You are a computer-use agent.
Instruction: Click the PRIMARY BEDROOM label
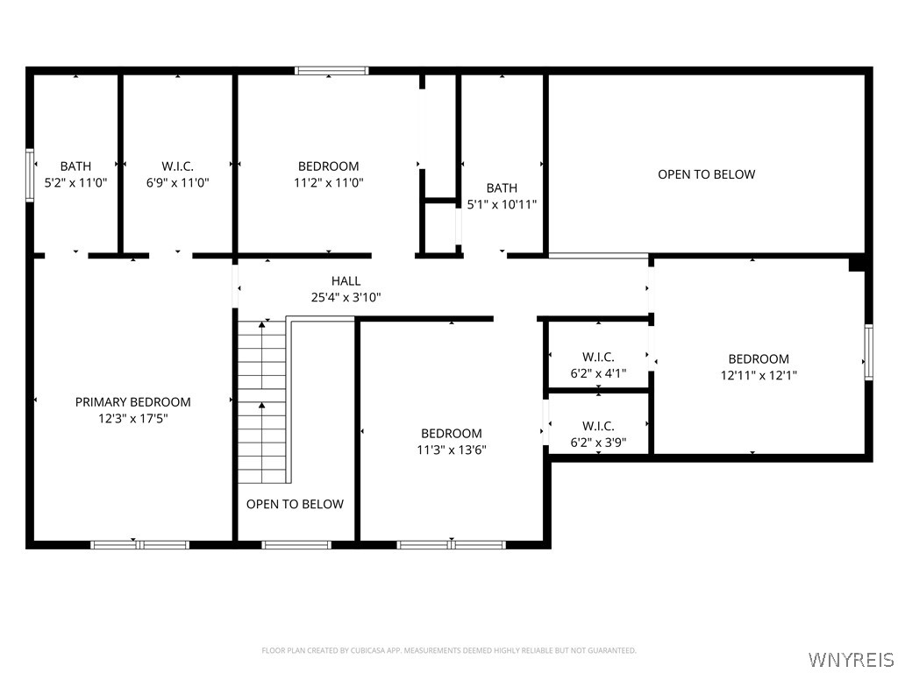click(x=132, y=402)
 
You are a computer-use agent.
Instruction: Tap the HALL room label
click(x=346, y=281)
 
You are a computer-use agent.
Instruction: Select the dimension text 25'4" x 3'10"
click(x=346, y=298)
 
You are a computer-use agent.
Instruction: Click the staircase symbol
click(x=262, y=401)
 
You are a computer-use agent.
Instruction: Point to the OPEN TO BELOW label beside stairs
click(x=295, y=504)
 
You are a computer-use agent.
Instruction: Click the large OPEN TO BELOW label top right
click(x=706, y=174)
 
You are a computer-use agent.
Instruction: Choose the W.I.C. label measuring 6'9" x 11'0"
click(x=177, y=166)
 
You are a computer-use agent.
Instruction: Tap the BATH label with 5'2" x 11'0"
click(x=75, y=166)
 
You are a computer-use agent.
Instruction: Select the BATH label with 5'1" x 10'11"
click(x=502, y=188)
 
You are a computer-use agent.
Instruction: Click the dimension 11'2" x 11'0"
click(x=328, y=183)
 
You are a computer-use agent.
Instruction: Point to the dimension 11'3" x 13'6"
click(x=452, y=450)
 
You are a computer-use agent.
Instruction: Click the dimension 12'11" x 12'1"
click(x=759, y=376)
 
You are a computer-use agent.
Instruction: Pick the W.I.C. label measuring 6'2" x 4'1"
click(x=598, y=358)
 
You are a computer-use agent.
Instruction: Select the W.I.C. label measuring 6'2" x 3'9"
click(x=598, y=427)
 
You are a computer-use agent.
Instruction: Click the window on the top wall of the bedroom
click(x=331, y=71)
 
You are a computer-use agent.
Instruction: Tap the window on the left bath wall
click(x=30, y=175)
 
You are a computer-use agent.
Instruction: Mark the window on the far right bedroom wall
click(x=868, y=352)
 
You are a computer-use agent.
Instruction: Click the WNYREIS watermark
click(x=851, y=659)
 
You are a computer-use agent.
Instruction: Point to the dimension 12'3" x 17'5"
click(x=132, y=419)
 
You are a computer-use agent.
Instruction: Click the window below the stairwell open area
click(x=296, y=545)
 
